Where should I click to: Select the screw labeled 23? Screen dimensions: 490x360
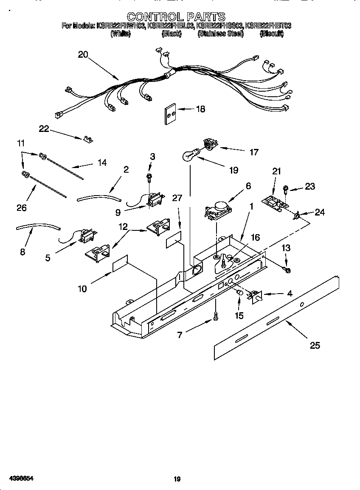[287, 188]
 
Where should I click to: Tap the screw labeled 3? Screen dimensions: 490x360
[149, 176]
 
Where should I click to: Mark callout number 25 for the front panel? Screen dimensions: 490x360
[315, 345]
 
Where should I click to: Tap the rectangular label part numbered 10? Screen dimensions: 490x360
[120, 264]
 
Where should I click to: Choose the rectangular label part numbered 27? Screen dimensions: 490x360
[174, 241]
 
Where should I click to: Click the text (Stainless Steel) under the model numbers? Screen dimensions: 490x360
[220, 34]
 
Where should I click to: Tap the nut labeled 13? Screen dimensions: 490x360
[287, 269]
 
